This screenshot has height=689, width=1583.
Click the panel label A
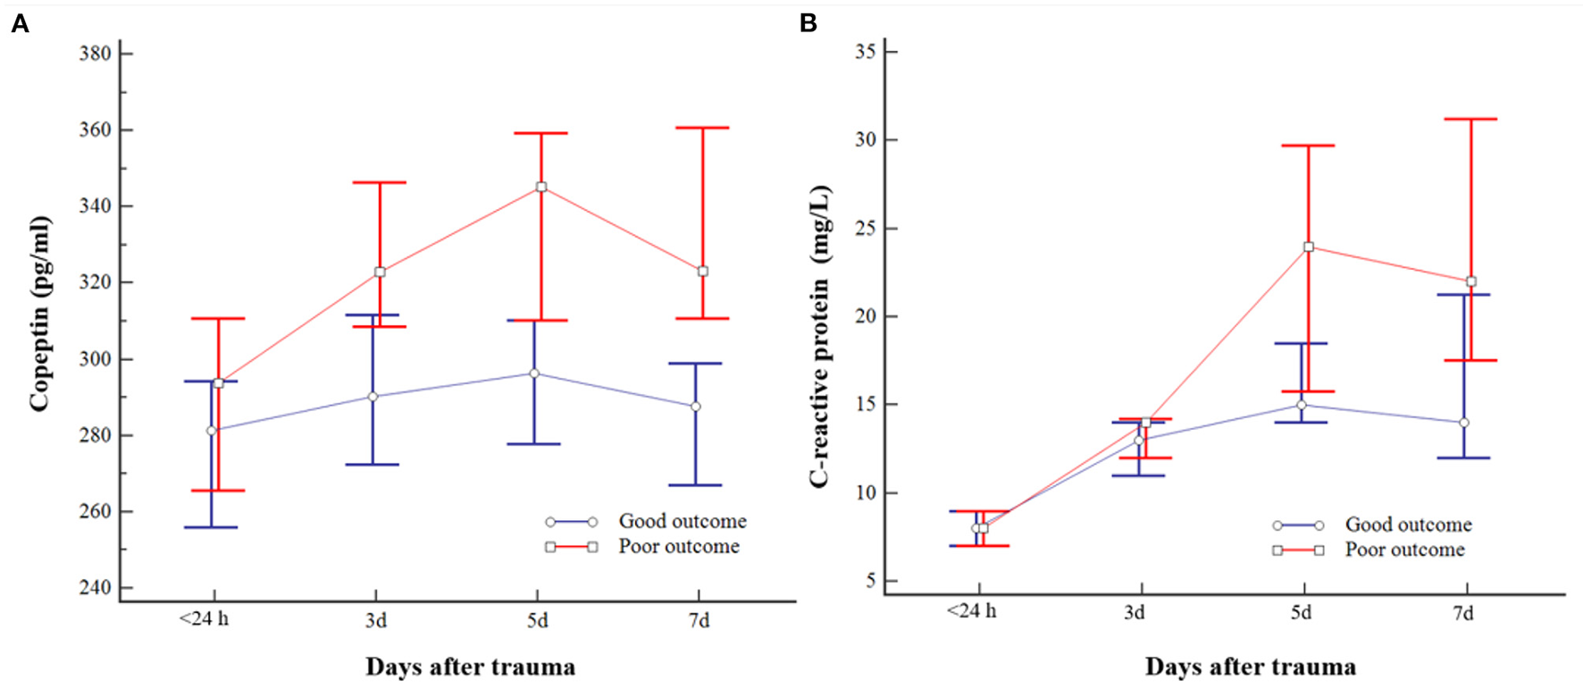[20, 24]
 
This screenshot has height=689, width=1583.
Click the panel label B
[808, 24]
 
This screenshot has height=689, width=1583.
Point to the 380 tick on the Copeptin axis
[95, 54]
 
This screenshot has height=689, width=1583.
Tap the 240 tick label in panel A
[95, 588]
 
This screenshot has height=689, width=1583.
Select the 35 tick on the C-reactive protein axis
[865, 52]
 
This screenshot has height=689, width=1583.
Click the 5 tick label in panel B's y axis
[870, 582]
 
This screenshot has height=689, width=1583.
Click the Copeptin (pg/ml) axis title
[39, 314]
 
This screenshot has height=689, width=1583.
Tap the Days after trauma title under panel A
[470, 667]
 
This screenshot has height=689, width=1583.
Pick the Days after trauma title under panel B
[1250, 667]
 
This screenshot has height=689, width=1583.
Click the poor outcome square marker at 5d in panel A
[541, 188]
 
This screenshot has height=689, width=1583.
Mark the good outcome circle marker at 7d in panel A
[696, 407]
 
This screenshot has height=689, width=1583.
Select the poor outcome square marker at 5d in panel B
[1309, 247]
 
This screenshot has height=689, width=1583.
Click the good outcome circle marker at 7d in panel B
[1464, 423]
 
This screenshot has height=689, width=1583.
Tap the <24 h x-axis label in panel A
[204, 618]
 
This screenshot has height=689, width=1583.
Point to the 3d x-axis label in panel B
[1134, 613]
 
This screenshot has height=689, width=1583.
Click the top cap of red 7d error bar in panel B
[1470, 119]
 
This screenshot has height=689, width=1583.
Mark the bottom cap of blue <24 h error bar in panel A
[211, 527]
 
